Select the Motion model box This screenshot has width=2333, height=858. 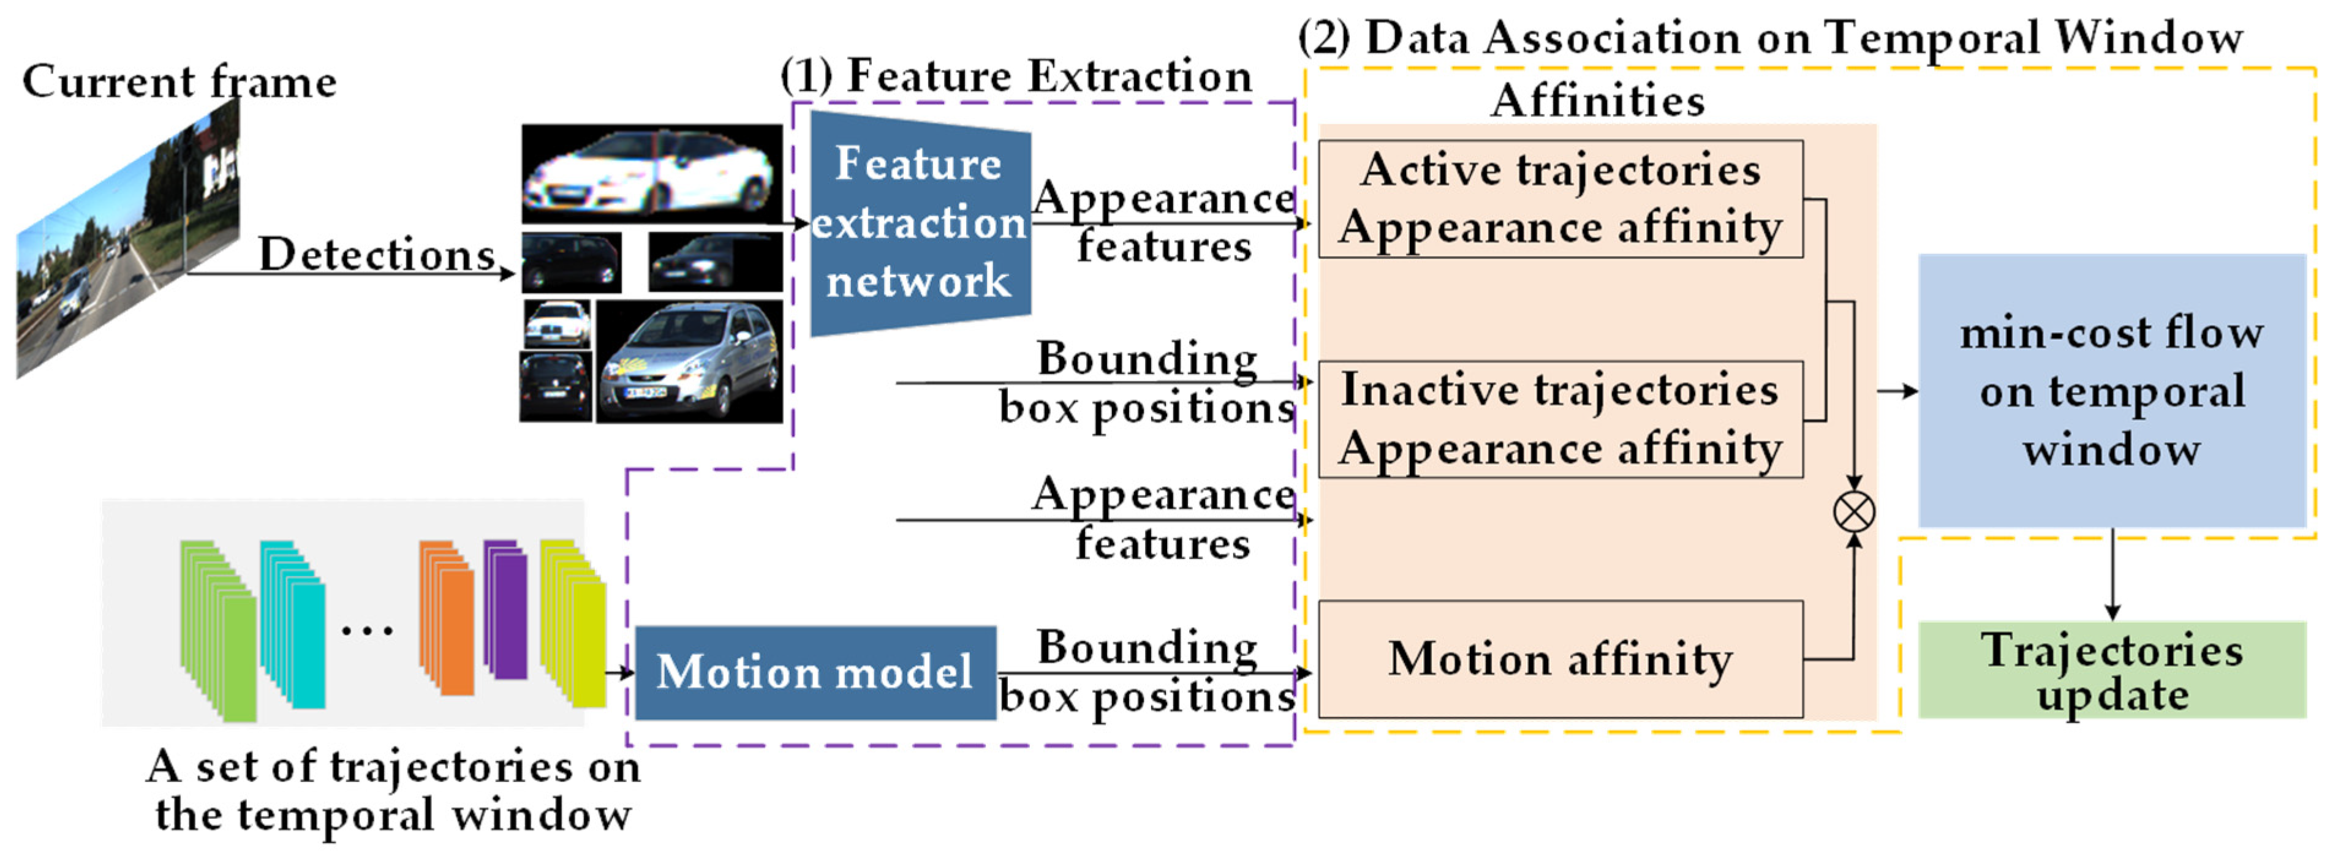point(814,672)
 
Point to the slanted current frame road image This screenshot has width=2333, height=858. point(127,240)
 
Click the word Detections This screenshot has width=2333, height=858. point(376,254)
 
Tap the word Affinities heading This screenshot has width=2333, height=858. point(1597,100)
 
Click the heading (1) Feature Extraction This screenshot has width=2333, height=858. point(1015,76)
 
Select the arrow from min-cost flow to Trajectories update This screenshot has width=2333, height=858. point(2112,574)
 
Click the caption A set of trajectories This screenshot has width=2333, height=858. point(392,789)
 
